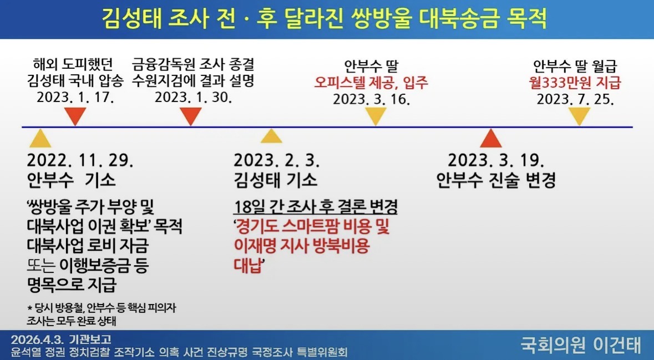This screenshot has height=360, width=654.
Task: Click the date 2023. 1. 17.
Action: (75, 97)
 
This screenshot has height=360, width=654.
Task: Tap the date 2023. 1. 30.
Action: (194, 97)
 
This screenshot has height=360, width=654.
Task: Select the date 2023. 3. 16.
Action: (372, 99)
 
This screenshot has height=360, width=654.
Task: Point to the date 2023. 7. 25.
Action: (575, 99)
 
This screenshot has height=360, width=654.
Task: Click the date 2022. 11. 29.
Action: (80, 160)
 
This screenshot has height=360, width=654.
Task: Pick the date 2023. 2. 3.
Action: (277, 160)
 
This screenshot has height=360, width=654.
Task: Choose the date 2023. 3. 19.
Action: (496, 160)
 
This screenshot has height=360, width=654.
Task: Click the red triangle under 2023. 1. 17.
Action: (75, 115)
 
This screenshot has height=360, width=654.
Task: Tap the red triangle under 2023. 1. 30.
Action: (191, 115)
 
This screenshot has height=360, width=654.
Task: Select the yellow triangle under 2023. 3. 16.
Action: (376, 116)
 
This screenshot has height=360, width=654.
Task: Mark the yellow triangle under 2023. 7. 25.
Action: (579, 116)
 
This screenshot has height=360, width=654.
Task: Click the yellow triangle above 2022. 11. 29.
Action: (40, 139)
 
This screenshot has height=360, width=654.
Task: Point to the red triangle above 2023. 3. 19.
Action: (491, 139)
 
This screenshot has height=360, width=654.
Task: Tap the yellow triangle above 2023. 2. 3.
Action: (271, 137)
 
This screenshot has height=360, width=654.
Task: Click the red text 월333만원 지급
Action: (575, 82)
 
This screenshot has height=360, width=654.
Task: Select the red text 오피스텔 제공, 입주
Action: (371, 82)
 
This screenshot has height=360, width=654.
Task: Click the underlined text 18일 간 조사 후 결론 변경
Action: (316, 206)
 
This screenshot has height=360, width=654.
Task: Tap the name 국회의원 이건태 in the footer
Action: (581, 345)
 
